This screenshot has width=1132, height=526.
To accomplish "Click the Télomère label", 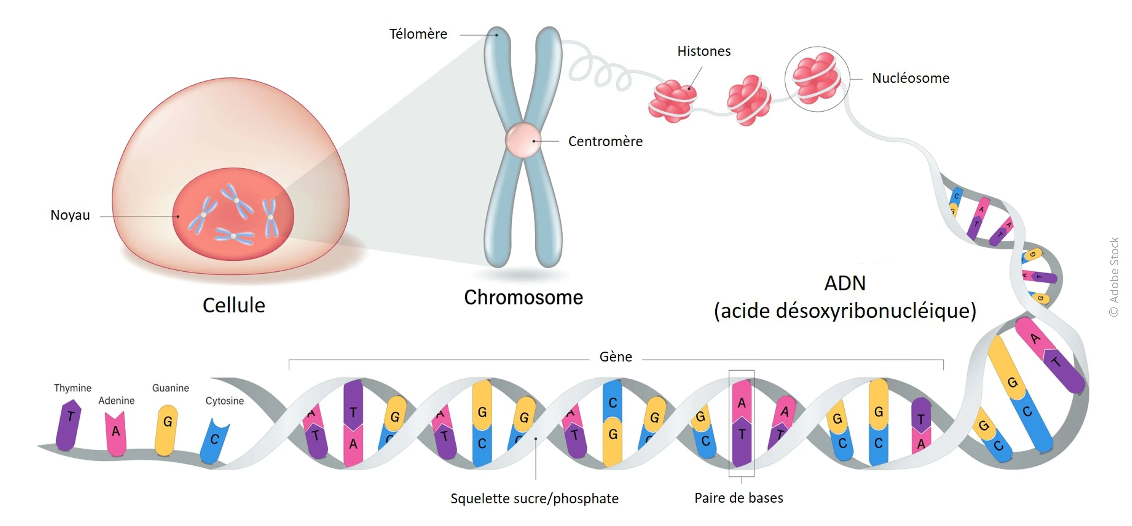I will (418, 34).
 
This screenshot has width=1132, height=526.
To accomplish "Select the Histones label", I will (704, 51).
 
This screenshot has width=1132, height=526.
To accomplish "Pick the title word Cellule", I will (234, 305).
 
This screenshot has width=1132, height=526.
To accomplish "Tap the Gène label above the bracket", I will (616, 356).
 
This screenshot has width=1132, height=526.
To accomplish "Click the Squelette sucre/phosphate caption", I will (534, 498).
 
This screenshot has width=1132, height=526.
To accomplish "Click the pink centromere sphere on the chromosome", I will (523, 140).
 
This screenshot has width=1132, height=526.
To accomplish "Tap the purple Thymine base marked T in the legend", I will (68, 425).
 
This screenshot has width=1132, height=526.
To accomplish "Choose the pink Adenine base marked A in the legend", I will (116, 433).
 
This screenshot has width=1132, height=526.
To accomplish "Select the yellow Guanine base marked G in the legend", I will (166, 430).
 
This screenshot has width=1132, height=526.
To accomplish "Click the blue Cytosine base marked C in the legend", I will (214, 441).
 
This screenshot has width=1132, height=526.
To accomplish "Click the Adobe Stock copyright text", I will (1114, 277).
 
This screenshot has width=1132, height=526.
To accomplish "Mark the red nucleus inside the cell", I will (233, 214).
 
